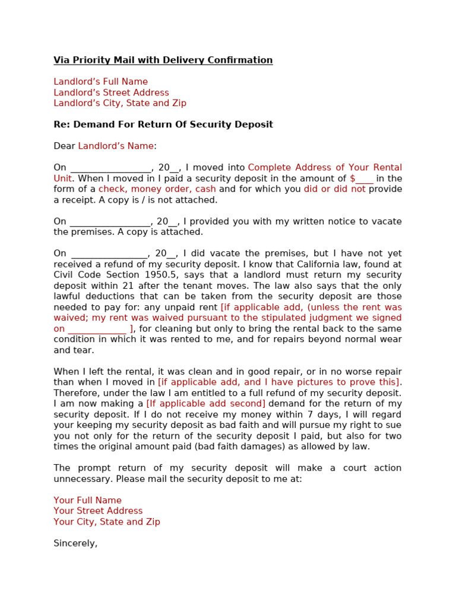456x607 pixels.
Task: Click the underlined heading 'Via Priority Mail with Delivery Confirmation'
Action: click(x=163, y=60)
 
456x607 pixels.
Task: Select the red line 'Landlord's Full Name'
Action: click(x=101, y=82)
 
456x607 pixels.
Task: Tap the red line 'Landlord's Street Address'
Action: click(x=112, y=92)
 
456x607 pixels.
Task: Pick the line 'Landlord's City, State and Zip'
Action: click(x=120, y=103)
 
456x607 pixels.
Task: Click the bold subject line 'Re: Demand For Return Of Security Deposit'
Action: click(x=163, y=124)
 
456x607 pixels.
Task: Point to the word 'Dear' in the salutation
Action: click(x=64, y=146)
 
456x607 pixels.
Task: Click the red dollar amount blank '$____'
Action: click(x=362, y=178)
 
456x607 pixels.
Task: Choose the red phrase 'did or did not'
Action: click(x=335, y=189)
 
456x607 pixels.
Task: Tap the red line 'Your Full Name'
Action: click(x=88, y=500)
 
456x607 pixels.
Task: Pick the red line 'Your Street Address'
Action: click(x=99, y=511)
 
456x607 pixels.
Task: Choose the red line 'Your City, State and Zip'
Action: click(x=107, y=522)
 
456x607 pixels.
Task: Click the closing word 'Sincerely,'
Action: click(x=75, y=543)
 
